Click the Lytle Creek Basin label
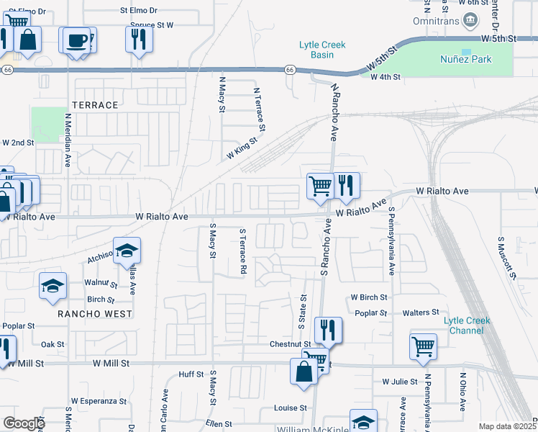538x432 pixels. (322, 50)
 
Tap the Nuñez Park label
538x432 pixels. (466, 59)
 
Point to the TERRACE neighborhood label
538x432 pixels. (94, 105)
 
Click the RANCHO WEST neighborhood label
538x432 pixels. (96, 314)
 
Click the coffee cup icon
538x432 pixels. (76, 40)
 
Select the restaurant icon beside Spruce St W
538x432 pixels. (139, 39)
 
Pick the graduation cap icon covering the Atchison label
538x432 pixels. (127, 251)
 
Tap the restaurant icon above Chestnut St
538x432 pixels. (327, 330)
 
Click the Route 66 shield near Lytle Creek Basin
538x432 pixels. (289, 70)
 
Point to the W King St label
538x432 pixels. (242, 149)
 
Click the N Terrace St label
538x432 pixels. (260, 110)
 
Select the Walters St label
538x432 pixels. (421, 312)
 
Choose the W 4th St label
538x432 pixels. (385, 77)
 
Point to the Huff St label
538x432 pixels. (191, 374)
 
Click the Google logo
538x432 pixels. (24, 423)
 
